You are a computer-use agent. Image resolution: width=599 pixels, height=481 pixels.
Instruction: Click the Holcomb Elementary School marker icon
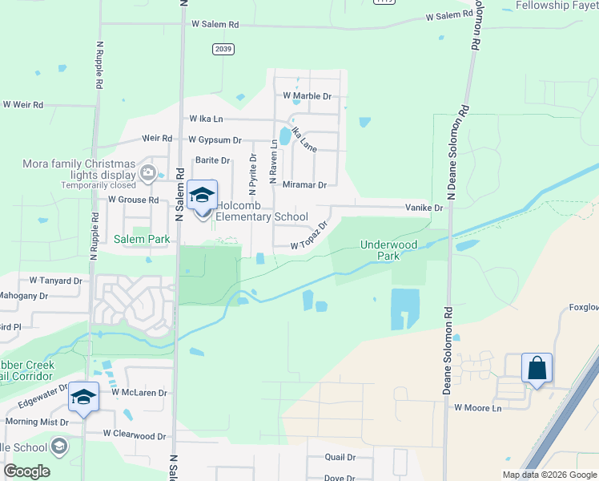(x=203, y=196)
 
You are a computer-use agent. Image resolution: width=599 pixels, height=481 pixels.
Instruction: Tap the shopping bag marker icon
(x=537, y=368)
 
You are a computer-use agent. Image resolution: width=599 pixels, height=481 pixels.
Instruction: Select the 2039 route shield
(x=223, y=50)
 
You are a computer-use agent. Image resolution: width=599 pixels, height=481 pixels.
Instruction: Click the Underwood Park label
(x=378, y=250)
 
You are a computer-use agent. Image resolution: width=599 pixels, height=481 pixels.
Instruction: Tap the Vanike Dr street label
(x=424, y=208)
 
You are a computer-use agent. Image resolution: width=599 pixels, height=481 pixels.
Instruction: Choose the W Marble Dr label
(x=308, y=96)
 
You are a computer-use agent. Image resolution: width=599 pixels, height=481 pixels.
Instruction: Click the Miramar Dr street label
(x=304, y=185)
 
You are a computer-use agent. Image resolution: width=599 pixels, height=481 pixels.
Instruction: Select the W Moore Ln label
(x=477, y=408)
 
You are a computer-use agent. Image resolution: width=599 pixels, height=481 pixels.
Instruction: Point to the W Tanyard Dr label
(x=56, y=281)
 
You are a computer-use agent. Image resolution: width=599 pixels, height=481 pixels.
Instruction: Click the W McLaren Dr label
(x=139, y=393)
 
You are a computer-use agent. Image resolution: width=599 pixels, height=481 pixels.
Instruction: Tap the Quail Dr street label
(x=340, y=457)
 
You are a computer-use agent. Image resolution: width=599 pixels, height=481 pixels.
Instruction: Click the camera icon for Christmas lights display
(x=147, y=172)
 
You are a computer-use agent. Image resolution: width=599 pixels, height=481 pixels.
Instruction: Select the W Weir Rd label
(x=23, y=105)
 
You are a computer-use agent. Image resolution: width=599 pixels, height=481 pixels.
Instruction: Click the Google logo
(x=26, y=471)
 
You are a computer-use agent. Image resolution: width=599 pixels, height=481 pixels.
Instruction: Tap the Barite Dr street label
(x=213, y=160)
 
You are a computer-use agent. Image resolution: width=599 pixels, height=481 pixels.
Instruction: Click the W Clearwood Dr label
(x=134, y=434)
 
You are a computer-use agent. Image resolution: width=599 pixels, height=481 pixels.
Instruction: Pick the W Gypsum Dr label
(x=215, y=139)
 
